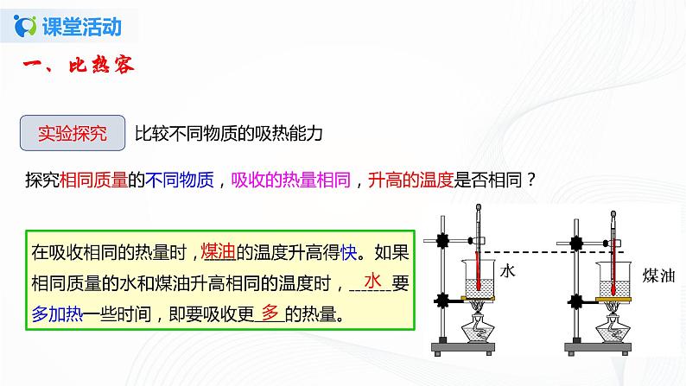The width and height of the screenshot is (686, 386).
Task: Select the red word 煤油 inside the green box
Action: (x=215, y=251)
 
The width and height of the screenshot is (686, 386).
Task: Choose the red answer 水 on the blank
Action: (x=373, y=282)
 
